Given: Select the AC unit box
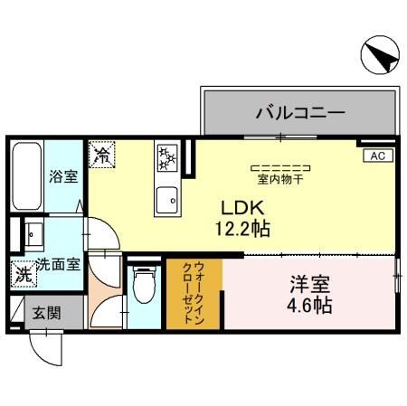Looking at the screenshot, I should (377, 156).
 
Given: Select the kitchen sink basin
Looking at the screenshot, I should (167, 199).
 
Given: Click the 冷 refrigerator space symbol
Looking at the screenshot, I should (102, 155).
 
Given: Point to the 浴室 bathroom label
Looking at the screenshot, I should (63, 175).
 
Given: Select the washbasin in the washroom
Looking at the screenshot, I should (33, 236).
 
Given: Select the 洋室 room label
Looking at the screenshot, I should (306, 284).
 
